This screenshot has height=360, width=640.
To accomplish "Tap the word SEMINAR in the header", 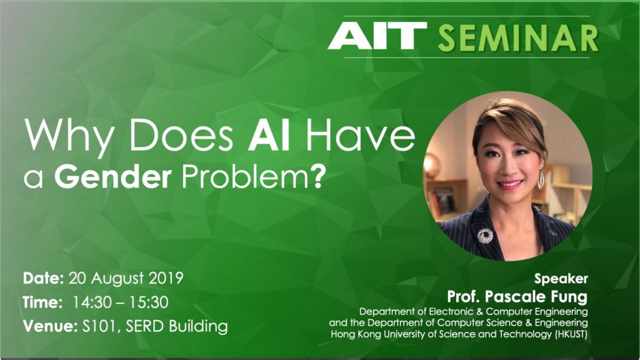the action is (518, 38).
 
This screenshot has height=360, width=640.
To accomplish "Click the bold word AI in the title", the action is (269, 136).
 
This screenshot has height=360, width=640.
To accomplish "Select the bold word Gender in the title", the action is (112, 177).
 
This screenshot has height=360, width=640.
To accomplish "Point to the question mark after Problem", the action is (321, 176).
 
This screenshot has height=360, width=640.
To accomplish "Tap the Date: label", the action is (43, 278).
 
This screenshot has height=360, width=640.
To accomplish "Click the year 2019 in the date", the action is (166, 278).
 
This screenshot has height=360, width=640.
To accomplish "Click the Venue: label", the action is (50, 326).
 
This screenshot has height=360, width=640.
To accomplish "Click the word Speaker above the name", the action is (561, 279).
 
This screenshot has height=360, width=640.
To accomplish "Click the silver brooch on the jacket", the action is (485, 236).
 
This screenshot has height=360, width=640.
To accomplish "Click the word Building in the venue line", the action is (198, 326).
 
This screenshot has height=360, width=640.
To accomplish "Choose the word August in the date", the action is (117, 279).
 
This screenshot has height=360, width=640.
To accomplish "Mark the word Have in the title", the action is (361, 136).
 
